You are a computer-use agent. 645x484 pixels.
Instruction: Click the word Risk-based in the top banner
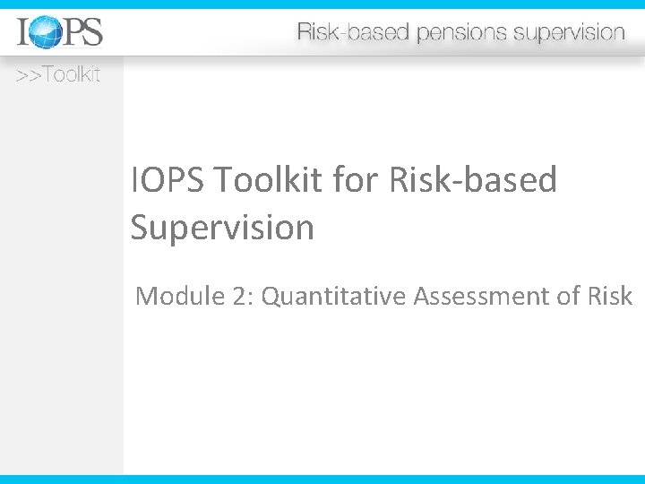coord(352,33)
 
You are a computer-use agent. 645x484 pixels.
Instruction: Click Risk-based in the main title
coord(473,180)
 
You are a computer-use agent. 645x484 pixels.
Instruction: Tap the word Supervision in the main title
coord(222,228)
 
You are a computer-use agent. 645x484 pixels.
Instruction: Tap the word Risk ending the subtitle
coord(612,295)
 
